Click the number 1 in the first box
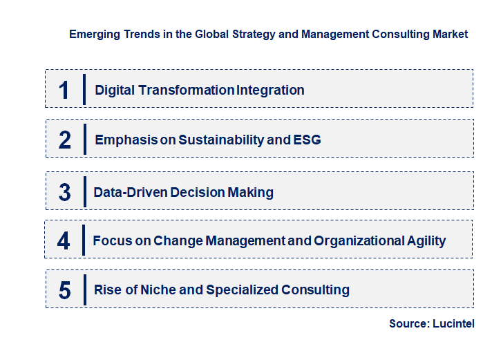point(64,90)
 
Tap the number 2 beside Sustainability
point(65,140)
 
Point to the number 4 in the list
point(64,241)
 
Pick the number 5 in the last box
point(64,290)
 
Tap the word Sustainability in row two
point(220,140)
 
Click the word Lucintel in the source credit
point(454,323)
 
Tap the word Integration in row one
point(270,90)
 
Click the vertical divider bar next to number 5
point(84,289)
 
